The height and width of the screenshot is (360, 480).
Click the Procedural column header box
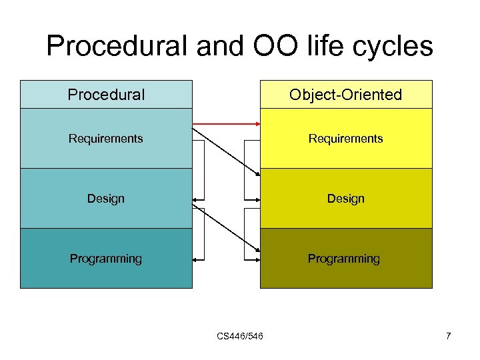[106, 95]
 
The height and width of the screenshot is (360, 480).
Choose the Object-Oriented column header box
[345, 95]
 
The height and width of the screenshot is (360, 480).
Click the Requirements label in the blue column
[106, 139]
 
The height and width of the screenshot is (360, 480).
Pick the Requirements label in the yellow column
[345, 139]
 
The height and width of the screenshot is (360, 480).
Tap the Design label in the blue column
[106, 199]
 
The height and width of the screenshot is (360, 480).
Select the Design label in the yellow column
[345, 199]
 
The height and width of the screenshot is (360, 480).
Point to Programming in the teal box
[106, 259]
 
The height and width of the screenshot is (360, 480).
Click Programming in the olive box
[343, 259]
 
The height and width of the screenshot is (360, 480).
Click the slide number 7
[449, 336]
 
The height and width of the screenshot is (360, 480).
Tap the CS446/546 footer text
[240, 336]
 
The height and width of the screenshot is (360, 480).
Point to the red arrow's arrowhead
[256, 123]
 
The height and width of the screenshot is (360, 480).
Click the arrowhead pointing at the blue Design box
[195, 199]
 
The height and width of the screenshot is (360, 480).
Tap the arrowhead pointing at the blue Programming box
[195, 259]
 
